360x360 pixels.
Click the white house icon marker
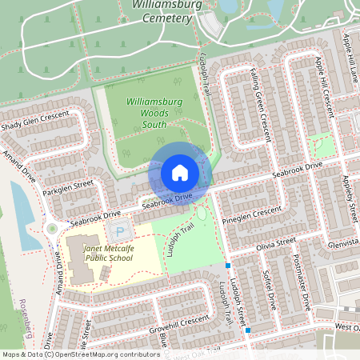pyautogui.click(x=180, y=173)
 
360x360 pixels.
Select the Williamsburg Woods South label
pyautogui.click(x=155, y=113)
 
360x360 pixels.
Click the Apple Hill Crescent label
pyautogui.click(x=322, y=80)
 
